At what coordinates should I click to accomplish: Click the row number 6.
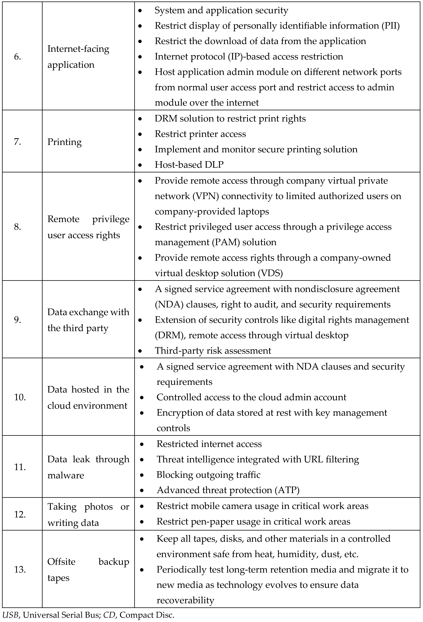point(17,57)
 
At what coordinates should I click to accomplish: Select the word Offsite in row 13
point(61,561)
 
